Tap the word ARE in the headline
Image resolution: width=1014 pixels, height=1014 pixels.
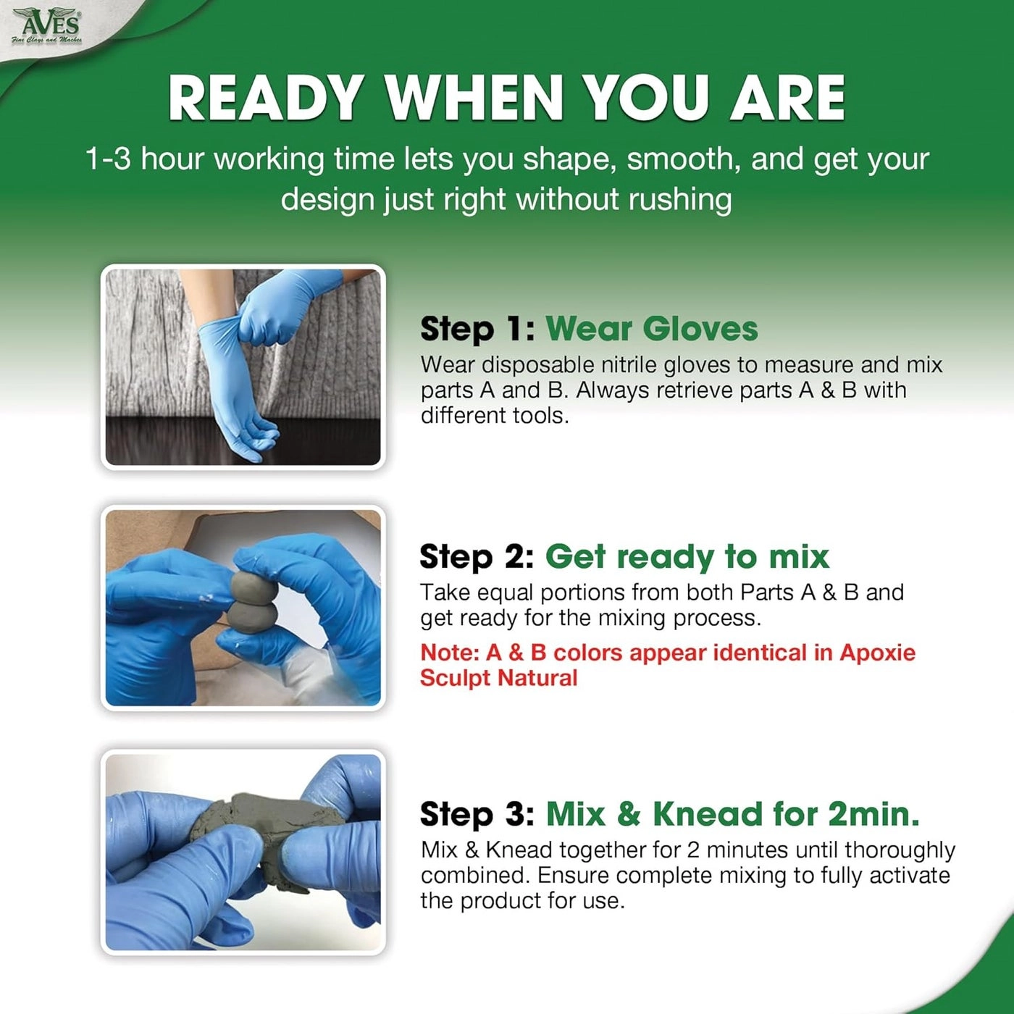(787, 99)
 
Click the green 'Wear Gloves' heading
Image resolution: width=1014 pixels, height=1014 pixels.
(652, 329)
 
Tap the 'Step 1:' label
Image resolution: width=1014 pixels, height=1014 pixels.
(478, 330)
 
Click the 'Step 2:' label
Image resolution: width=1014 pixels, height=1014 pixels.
(477, 557)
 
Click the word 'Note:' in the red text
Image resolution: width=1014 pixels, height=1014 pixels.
(450, 653)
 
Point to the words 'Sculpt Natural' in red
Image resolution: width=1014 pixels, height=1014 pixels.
(498, 678)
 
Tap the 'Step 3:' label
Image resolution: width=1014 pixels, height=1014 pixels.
(477, 814)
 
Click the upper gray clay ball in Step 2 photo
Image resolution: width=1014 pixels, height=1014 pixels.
(251, 586)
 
